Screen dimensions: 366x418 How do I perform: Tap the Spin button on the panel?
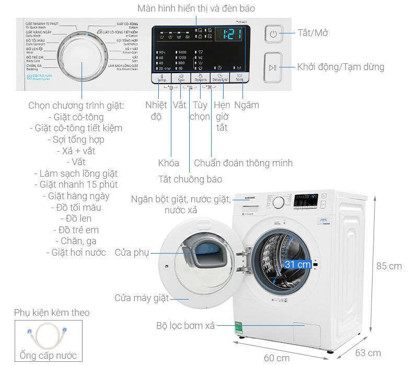pyautogui.click(x=180, y=78)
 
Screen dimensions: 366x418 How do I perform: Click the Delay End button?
pyautogui.click(x=220, y=78)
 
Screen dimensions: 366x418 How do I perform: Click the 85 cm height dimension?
pyautogui.click(x=389, y=266)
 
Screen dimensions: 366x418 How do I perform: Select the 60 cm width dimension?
pyautogui.click(x=276, y=358)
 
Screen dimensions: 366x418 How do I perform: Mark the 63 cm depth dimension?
pyautogui.click(x=367, y=352)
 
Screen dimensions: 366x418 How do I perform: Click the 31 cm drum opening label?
pyautogui.click(x=298, y=265)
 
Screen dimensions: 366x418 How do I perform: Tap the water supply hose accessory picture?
pyautogui.click(x=45, y=337)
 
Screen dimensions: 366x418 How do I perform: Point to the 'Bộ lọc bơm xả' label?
pyautogui.click(x=185, y=325)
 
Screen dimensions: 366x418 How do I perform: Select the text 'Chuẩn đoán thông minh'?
pyautogui.click(x=243, y=163)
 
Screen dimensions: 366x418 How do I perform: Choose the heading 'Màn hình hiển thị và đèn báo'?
pyautogui.click(x=196, y=9)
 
